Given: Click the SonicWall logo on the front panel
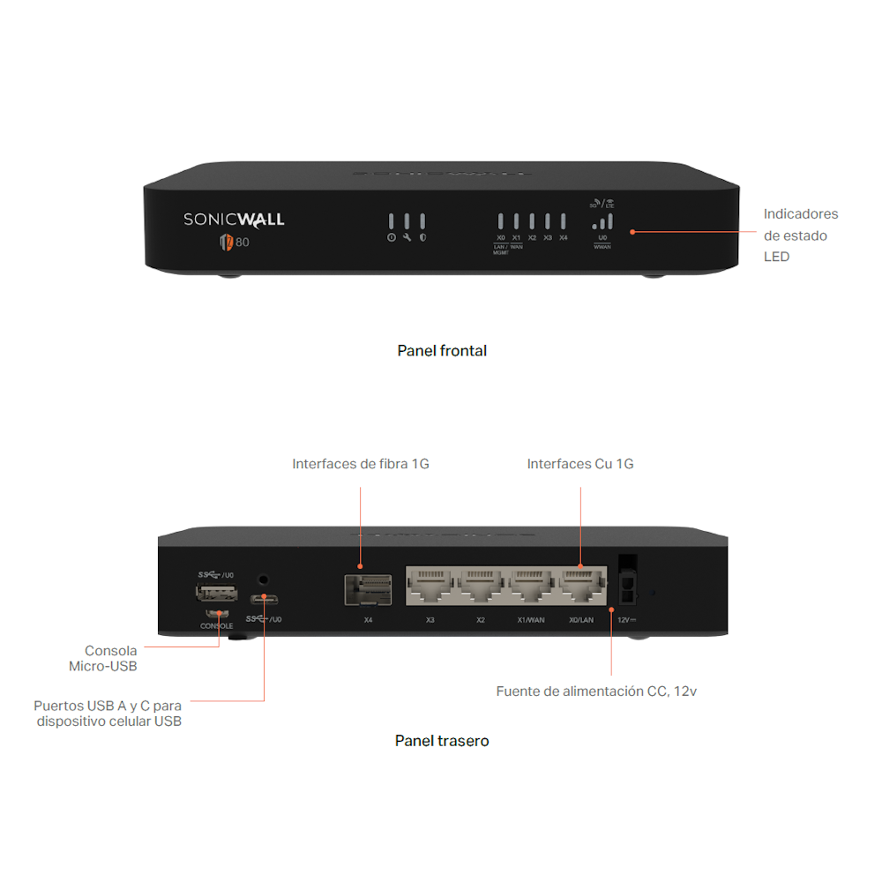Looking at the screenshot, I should pyautogui.click(x=234, y=219).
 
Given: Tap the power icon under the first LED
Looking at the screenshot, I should pyautogui.click(x=392, y=238).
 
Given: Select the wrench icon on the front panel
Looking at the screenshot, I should pyautogui.click(x=407, y=238).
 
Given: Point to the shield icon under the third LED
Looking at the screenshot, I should pyautogui.click(x=422, y=238).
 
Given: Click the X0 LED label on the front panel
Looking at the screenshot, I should pyautogui.click(x=500, y=238).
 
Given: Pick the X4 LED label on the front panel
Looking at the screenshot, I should pyautogui.click(x=564, y=238).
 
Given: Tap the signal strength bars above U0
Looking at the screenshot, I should pyautogui.click(x=602, y=222).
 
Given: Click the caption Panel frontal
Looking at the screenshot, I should pyautogui.click(x=442, y=351).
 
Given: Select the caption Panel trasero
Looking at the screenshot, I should pyautogui.click(x=442, y=741).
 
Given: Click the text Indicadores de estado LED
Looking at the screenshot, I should pyautogui.click(x=800, y=235).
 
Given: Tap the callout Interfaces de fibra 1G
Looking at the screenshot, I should pyautogui.click(x=361, y=464).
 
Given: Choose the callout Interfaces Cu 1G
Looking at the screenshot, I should pyautogui.click(x=580, y=464).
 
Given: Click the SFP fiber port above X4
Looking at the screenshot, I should pyautogui.click(x=368, y=588).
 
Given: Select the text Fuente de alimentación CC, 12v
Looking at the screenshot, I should pyautogui.click(x=596, y=691).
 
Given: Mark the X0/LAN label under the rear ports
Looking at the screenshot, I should pyautogui.click(x=581, y=620).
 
